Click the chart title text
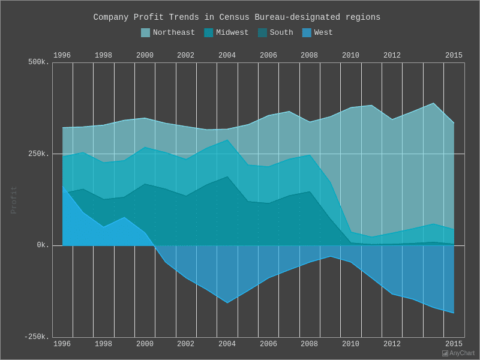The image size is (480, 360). (x=236, y=17)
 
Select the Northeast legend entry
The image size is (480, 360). (x=167, y=33)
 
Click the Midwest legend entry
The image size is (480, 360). (x=226, y=33)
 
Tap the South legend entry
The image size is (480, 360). (x=275, y=33)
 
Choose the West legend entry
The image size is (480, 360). (x=317, y=33)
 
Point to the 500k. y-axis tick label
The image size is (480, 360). (x=38, y=62)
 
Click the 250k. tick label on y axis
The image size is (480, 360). (x=38, y=154)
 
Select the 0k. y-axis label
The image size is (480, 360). (x=43, y=245)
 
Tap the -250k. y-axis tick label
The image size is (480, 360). (x=37, y=337)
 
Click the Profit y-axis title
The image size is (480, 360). (x=14, y=200)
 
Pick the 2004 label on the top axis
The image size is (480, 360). (x=227, y=56)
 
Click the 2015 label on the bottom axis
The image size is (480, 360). (x=454, y=344)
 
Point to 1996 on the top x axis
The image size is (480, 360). (x=62, y=56)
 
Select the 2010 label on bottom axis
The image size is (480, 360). (x=350, y=344)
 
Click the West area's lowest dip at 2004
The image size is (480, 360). (x=227, y=302)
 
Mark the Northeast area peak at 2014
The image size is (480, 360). (x=433, y=103)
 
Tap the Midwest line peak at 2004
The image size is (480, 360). (x=227, y=140)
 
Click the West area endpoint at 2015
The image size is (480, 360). (x=454, y=313)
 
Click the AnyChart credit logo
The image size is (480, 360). (x=458, y=353)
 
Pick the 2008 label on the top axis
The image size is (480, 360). (x=309, y=56)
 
